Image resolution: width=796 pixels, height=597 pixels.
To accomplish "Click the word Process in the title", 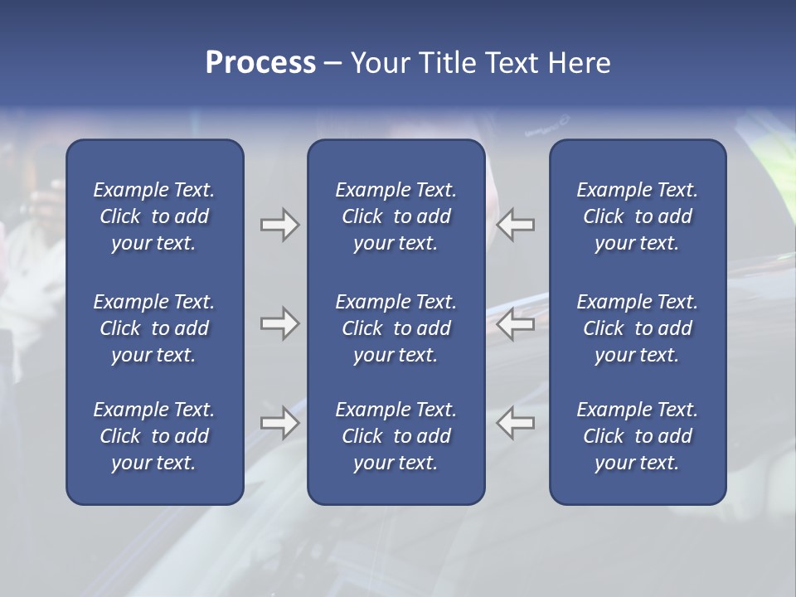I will click(260, 63).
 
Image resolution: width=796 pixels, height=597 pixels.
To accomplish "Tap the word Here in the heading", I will click(580, 63).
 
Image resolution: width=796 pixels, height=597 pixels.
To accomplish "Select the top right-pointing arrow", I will click(279, 225).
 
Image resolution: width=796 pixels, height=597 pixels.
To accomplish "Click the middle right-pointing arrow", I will click(279, 324).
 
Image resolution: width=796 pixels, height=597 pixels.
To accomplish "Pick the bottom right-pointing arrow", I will click(279, 423).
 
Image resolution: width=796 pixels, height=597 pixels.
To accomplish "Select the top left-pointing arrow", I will click(516, 225).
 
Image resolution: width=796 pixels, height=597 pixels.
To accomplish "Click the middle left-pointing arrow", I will click(516, 324).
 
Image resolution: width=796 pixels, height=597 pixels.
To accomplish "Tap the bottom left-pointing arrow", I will click(516, 423).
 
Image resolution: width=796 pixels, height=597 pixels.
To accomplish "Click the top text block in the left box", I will click(154, 216).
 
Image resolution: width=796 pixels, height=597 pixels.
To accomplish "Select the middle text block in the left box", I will click(154, 328).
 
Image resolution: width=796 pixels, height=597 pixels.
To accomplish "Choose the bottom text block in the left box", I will click(154, 436).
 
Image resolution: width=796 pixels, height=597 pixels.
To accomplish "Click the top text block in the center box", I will click(396, 216).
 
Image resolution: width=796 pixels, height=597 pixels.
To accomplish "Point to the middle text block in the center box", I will click(396, 328).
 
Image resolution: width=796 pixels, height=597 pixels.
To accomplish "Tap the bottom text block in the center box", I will click(396, 436).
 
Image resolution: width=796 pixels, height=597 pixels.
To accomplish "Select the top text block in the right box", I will click(637, 216).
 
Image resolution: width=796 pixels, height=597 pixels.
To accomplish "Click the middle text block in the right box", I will click(637, 328).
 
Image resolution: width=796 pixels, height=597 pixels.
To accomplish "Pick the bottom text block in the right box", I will click(637, 436).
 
